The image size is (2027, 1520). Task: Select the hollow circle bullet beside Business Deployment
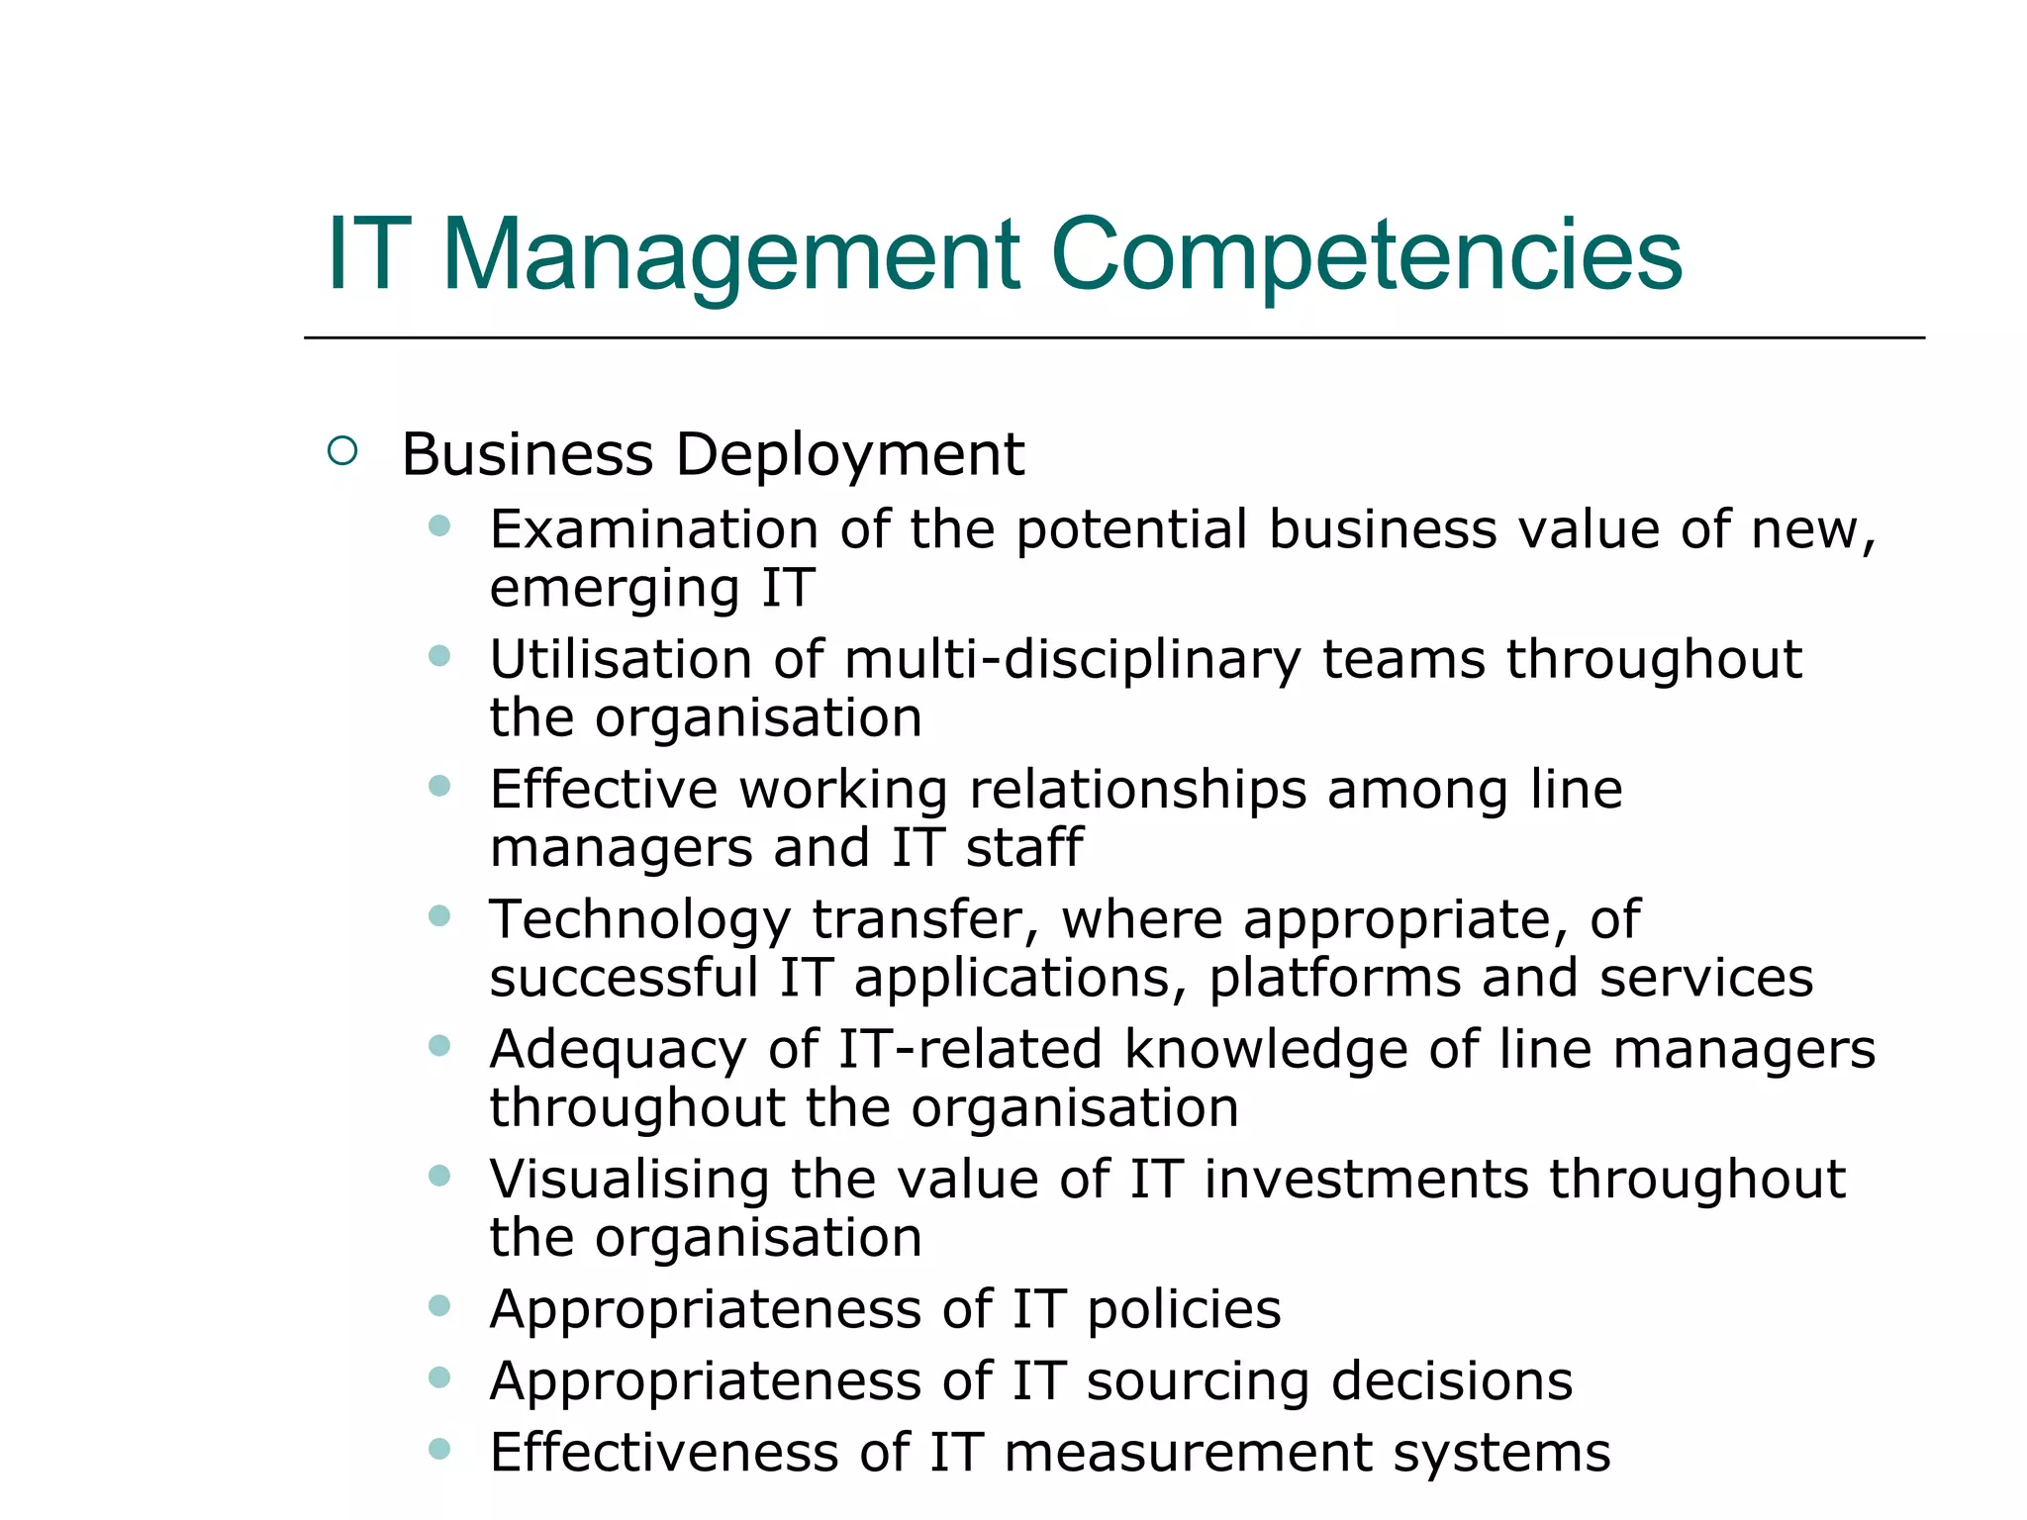[x=341, y=451]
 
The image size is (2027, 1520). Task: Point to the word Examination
[x=653, y=529]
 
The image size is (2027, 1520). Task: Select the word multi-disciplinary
[x=1072, y=660]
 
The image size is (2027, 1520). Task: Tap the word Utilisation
[x=621, y=660]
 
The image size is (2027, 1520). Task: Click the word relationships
[x=1137, y=790]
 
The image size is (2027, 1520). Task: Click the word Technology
[x=639, y=921]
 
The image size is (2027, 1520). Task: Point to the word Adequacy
[x=618, y=1051]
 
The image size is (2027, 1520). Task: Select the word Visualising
[x=628, y=1180]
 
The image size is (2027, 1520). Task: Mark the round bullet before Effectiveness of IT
[x=439, y=1450]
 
